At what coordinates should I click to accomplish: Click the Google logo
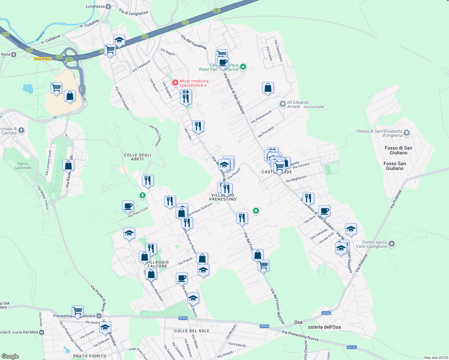[x=10, y=356]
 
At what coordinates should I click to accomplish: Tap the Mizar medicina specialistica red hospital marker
[x=175, y=82]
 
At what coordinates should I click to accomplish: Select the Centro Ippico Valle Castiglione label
[x=375, y=244]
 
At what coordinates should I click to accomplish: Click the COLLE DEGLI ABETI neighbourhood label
[x=137, y=157]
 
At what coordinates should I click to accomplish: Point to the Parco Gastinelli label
[x=23, y=166]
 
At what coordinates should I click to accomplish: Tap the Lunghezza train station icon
[x=108, y=6]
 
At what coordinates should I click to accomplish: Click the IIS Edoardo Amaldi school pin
[x=282, y=104]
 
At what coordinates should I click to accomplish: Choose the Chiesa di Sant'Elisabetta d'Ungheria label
[x=379, y=133]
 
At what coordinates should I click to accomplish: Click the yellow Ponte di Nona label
[x=43, y=59]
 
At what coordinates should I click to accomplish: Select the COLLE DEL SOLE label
[x=192, y=331]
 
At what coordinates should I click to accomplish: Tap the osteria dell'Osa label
[x=324, y=327]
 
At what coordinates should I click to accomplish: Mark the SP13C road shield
[x=351, y=347]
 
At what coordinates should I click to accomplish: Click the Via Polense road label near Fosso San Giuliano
[x=396, y=199]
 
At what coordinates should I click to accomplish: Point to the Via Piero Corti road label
[x=138, y=212]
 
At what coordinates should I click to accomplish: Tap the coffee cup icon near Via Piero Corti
[x=128, y=206]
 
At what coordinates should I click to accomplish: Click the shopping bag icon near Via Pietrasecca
[x=268, y=88]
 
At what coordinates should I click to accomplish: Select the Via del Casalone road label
[x=194, y=42]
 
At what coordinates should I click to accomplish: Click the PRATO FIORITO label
[x=90, y=356]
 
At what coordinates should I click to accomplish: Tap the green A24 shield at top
[x=217, y=10]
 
